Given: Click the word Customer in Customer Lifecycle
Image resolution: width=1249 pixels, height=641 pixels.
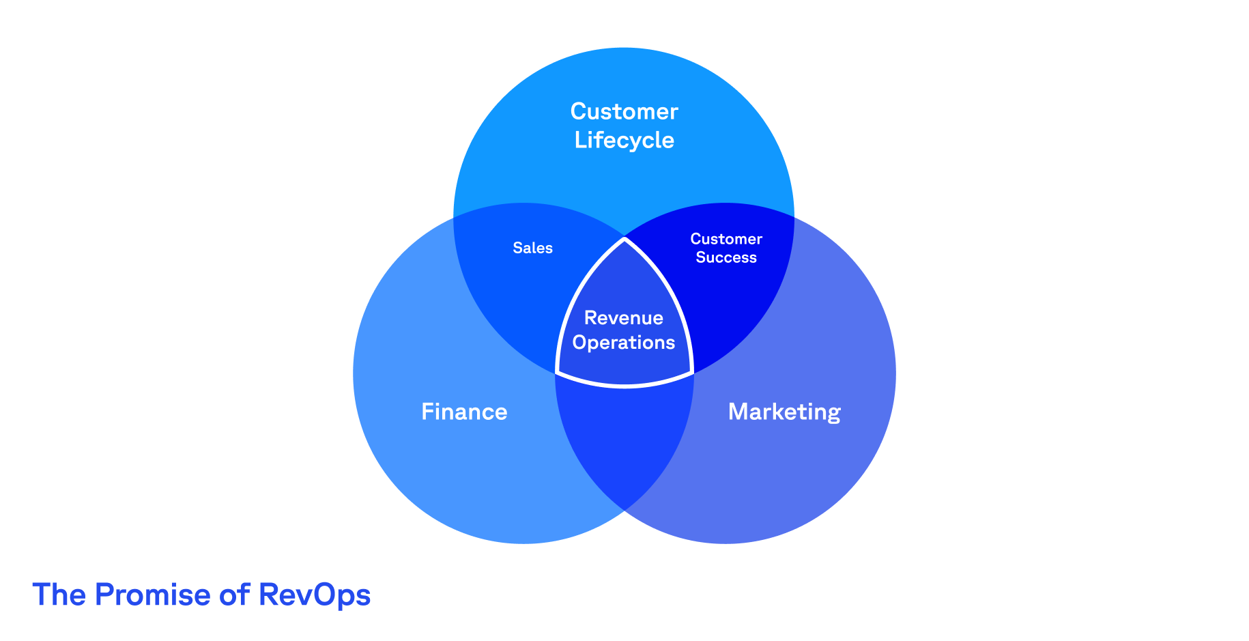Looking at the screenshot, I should tap(624, 111).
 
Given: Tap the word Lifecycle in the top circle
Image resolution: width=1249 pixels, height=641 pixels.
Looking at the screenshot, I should tap(624, 140).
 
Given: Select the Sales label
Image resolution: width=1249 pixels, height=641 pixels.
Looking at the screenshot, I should tap(532, 248).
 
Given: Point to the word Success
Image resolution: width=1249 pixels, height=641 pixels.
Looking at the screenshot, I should tap(726, 258).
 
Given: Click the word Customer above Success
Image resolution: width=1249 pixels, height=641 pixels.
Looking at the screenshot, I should tap(726, 239).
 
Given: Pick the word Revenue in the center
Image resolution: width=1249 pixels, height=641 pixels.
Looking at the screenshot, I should tap(624, 317).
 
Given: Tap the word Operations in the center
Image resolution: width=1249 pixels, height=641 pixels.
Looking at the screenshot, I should tap(624, 342).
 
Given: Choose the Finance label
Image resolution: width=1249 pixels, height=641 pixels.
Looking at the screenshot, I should tap(464, 412).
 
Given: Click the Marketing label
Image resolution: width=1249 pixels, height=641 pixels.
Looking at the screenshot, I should tap(784, 412).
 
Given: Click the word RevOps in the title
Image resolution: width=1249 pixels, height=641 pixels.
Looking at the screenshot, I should tap(315, 595).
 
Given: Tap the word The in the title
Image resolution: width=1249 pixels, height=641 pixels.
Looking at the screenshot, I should tap(59, 595).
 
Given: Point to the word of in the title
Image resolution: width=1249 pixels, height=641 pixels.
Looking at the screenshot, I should tap(235, 595).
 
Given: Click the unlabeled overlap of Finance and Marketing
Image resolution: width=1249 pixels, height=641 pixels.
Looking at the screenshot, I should tap(624, 437).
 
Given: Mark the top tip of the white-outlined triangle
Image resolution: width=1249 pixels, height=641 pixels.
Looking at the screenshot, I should tap(624, 238).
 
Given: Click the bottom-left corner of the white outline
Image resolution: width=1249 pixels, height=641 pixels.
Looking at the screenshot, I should tap(557, 373).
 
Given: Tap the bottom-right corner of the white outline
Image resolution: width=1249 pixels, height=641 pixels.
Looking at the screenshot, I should tap(693, 373).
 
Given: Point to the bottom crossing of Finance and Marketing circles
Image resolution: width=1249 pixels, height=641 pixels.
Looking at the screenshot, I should tap(624, 510).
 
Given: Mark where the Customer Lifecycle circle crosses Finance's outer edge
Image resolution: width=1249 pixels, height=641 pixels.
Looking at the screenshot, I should tap(455, 217).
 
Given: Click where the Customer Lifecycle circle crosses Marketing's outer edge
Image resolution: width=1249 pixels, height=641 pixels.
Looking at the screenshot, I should tap(794, 217).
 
